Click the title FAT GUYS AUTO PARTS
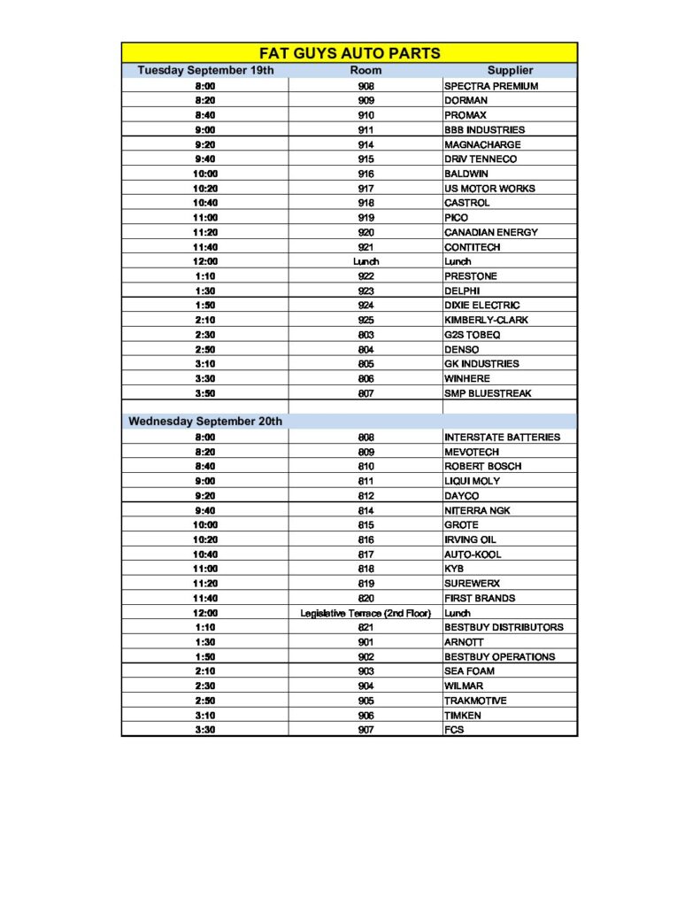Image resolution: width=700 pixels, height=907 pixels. [350, 53]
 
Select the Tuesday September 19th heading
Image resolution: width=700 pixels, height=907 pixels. [206, 70]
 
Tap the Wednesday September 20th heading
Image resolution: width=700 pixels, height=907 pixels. [205, 421]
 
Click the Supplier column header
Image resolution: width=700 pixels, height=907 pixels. [510, 70]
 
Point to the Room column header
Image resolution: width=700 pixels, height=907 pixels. [365, 70]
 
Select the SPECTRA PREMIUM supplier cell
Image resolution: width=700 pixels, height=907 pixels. [491, 86]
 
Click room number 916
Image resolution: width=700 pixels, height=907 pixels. [365, 174]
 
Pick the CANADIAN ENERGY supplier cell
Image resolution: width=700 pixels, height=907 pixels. [491, 232]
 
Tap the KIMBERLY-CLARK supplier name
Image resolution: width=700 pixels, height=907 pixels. [486, 320]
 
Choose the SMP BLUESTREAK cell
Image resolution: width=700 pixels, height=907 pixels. [488, 393]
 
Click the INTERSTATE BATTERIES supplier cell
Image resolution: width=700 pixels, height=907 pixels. [502, 437]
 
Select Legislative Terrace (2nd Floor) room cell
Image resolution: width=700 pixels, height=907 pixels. [365, 613]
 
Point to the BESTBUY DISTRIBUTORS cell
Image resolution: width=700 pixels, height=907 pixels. [504, 627]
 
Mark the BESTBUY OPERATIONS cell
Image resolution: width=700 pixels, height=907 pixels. [500, 656]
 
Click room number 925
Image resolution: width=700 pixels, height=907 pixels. [365, 320]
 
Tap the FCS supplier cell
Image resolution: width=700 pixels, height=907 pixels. [454, 730]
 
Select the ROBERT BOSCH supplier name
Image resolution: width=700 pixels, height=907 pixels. [483, 466]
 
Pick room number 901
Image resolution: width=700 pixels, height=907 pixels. [365, 642]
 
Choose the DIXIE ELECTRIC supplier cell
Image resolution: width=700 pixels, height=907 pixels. [482, 306]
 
